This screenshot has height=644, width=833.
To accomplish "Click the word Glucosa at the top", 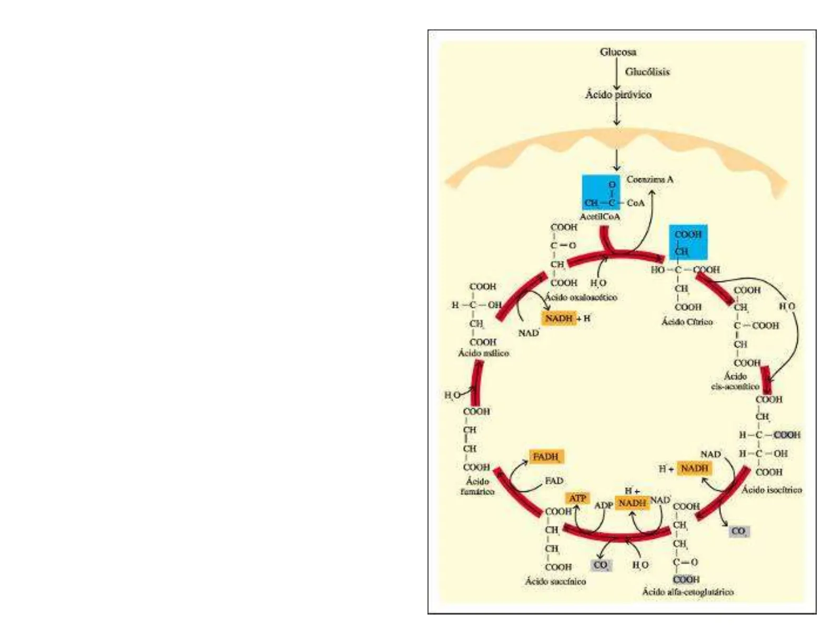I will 618,52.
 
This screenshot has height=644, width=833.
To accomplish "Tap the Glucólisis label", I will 647,72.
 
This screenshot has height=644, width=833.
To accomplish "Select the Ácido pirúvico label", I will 618,95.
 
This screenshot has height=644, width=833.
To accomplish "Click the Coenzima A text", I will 649,179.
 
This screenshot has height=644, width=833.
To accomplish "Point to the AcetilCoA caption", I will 600,217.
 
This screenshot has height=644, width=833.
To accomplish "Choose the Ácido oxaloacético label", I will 581,297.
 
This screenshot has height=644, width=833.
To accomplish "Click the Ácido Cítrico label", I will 687,321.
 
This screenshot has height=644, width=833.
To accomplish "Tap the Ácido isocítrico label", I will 771,490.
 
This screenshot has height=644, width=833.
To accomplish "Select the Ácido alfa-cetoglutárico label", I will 687,592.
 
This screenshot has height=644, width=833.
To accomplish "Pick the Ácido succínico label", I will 555,581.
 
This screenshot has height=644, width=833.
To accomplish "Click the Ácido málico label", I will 483,353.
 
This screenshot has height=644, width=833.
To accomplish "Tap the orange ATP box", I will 577,498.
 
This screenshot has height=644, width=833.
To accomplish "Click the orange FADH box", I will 547,457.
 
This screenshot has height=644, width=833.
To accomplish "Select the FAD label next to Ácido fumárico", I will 554,481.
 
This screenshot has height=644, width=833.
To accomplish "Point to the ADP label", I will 603,506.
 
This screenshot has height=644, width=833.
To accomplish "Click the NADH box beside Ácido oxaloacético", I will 559,318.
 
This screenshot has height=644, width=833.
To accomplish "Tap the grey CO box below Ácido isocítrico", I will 739,531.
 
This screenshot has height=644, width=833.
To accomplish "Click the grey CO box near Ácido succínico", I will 601,566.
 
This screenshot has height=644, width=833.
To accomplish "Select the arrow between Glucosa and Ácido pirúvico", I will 617,74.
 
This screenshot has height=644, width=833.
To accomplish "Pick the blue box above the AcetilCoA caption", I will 601,192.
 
